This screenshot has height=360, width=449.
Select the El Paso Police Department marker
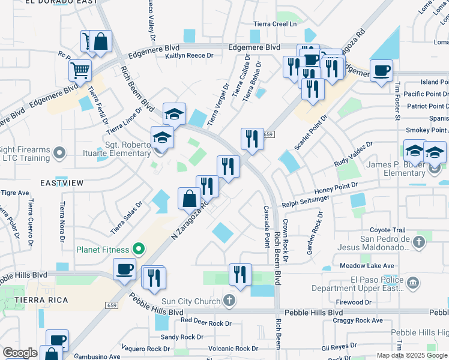(x=413, y=283)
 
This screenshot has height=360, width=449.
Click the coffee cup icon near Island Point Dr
(x=381, y=71)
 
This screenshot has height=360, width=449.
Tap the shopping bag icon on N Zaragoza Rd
(x=189, y=198)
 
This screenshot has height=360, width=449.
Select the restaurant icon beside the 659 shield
(x=252, y=139)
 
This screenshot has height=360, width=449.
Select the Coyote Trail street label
(x=388, y=230)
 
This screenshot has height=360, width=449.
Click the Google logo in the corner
(x=20, y=353)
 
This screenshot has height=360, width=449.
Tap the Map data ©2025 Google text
(x=411, y=355)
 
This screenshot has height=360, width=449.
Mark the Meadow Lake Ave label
(x=366, y=266)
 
